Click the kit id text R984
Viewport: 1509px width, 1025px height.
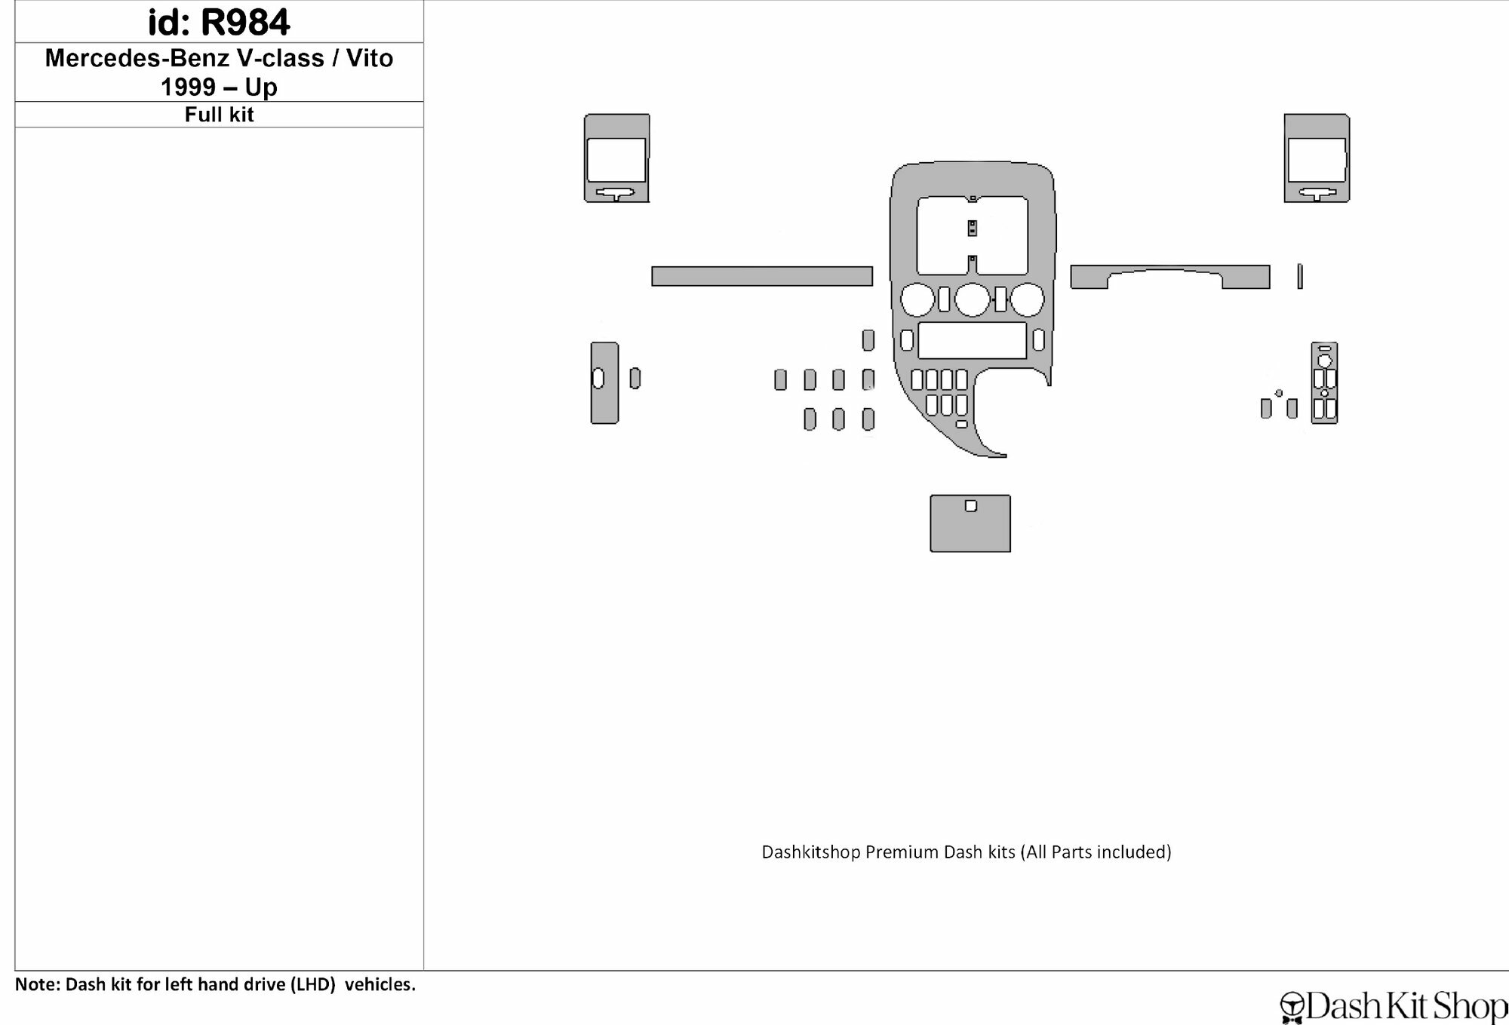click(x=245, y=22)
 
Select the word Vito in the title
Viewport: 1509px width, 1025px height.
click(x=370, y=58)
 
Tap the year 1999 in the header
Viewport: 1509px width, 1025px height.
click(x=189, y=87)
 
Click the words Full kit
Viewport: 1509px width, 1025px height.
click(x=220, y=115)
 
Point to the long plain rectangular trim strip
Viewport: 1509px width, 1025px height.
click(x=762, y=276)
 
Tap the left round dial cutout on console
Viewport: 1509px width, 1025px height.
click(x=917, y=299)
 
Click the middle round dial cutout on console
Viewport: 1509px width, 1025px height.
click(x=972, y=299)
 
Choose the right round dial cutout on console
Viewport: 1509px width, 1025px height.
click(x=1027, y=299)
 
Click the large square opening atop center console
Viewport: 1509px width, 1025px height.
click(x=972, y=235)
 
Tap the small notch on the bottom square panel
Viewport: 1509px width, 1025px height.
click(x=971, y=506)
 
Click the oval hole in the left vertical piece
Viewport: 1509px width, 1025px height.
click(x=598, y=378)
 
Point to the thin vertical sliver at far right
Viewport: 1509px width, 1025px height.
click(x=1300, y=276)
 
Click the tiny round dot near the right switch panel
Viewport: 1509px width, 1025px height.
click(x=1279, y=393)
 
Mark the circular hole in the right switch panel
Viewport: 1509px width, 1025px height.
click(x=1325, y=361)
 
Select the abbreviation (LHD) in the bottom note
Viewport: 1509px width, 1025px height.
click(x=312, y=984)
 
